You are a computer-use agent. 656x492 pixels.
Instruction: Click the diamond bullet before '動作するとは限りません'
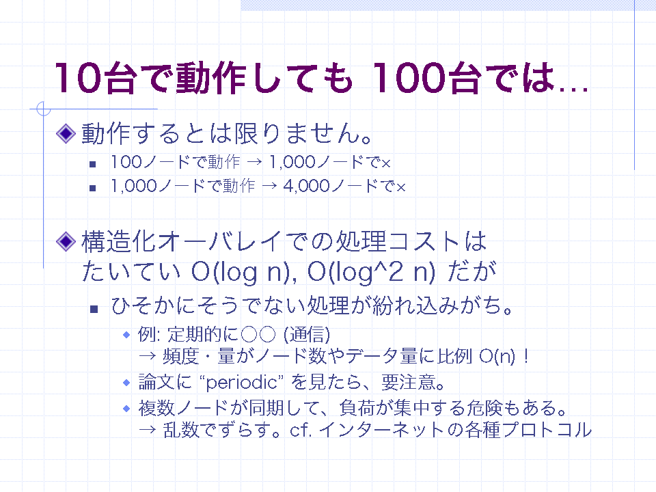coord(66,133)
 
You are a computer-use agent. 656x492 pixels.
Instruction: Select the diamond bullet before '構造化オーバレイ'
coord(66,241)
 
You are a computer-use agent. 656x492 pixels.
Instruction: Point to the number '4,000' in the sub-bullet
coord(306,186)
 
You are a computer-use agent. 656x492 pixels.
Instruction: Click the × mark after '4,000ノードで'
coord(401,188)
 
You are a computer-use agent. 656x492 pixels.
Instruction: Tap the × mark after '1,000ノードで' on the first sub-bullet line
coord(385,163)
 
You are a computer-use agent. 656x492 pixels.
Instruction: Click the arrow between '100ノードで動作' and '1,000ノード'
coord(254,163)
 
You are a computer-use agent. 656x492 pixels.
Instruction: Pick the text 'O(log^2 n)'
coord(371,273)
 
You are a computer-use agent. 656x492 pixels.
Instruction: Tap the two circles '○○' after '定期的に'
coord(258,334)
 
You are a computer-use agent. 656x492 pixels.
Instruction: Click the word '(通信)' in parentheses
coord(306,334)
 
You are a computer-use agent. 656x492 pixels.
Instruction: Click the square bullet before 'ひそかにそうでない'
coord(94,309)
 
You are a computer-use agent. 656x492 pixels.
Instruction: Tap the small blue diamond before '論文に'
coord(127,383)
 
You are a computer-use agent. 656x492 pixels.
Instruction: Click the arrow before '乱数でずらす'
coord(148,430)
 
